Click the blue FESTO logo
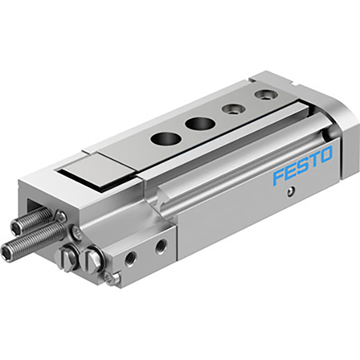[x=303, y=165]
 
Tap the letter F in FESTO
[x=278, y=176]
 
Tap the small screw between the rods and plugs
[x=77, y=235]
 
